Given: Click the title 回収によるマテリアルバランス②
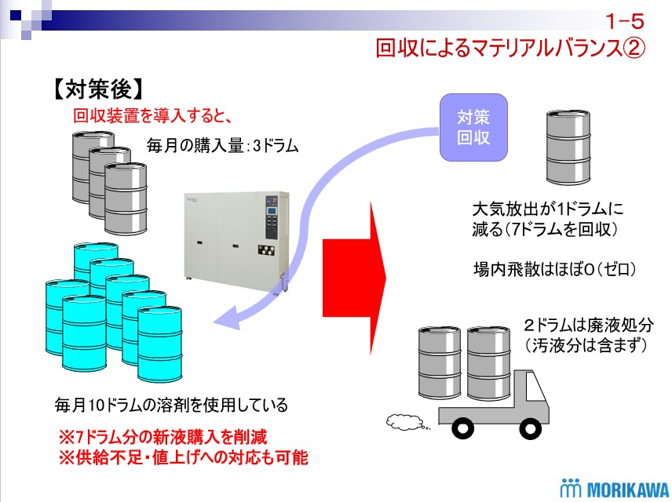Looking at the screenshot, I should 509,49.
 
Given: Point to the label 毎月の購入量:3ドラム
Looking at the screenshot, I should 223,145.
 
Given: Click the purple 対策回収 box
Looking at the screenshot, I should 473,127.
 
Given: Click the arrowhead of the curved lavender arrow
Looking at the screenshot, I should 227,318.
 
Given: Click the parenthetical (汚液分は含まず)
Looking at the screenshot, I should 584,344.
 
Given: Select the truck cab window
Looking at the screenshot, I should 538,388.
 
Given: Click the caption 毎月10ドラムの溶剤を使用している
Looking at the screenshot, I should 171,406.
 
